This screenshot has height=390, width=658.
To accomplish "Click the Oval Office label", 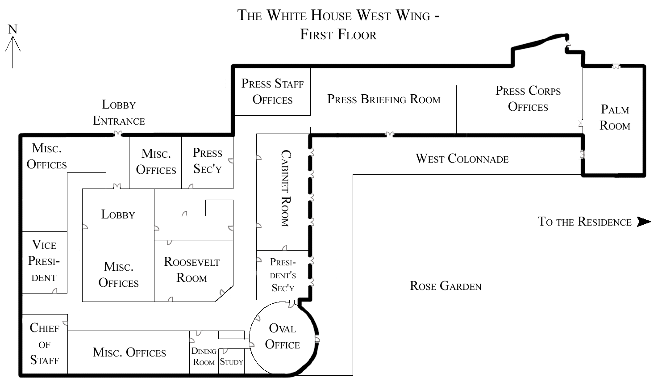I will coord(283,336).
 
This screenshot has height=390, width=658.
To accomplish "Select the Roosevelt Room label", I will coord(192,270).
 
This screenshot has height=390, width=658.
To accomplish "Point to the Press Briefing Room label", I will coord(384,99).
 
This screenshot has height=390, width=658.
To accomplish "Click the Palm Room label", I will coord(615,117).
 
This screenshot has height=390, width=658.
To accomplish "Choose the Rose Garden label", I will coord(446,286).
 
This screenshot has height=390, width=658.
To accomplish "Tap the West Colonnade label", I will coord(462,159).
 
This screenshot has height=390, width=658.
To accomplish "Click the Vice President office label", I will coord(44,261).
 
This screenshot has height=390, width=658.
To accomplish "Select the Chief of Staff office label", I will coord(44,344).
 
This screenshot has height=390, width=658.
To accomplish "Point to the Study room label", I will coord(231,362).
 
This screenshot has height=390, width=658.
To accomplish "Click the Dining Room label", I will coord(204,356).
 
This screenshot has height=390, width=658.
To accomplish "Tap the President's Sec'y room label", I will coord(283,275).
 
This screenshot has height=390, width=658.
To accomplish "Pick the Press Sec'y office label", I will coord(208,160).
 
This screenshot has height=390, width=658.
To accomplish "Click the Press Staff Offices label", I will coord(272,92).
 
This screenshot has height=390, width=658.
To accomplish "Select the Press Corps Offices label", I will coord(528,99).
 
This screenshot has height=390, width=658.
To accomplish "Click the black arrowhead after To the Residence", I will coord(644,222).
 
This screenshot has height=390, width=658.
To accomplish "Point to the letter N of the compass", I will coord(12,29).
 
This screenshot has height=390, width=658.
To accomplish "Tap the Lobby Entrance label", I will coord(119,113).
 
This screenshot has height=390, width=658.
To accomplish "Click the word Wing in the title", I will coord(413,16).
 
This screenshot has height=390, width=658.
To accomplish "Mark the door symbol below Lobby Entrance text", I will coord(117,134).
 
